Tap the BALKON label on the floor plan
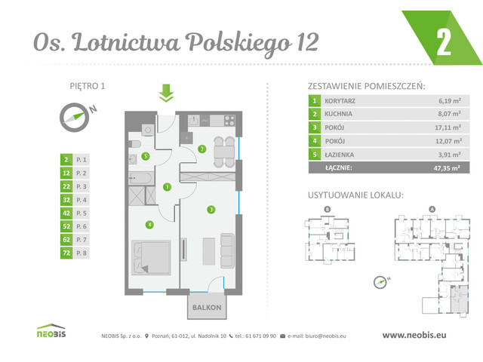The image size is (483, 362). pos(205,308)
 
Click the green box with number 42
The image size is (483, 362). pos(67,213)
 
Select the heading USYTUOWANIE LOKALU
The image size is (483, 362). pos(355,195)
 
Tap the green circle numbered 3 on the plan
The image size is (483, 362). pos(211,209)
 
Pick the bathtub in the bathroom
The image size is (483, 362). pos(143,177)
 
